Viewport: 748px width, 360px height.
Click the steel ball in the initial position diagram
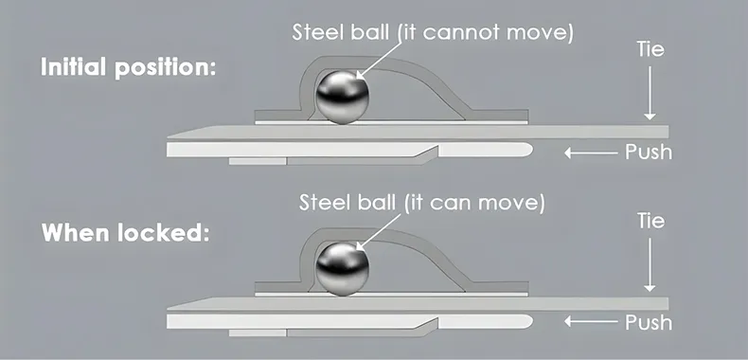coord(343,98)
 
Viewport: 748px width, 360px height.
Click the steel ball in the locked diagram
coord(343,269)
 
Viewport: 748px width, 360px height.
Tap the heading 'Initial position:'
coord(129,67)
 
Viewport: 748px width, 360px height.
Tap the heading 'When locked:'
coord(126,233)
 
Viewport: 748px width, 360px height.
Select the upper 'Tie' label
coord(650,48)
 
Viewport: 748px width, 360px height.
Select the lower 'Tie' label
coord(650,221)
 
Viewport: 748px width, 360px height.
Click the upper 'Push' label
coord(649,153)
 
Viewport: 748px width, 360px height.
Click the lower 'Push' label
coord(649,323)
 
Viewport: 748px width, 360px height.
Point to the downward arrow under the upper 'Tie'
coord(650,93)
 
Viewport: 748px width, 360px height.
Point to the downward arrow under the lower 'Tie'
coord(650,265)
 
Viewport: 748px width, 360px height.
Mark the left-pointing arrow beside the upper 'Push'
coord(591,153)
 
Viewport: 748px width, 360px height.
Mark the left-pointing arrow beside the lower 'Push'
coord(591,322)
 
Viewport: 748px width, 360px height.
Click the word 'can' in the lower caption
coord(451,204)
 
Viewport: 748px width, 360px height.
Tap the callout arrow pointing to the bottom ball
coord(380,231)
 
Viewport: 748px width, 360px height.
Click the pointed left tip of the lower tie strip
coord(168,310)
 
